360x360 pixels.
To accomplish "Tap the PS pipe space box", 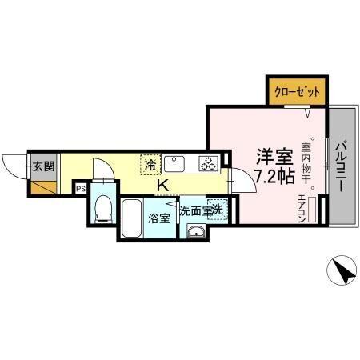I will click(80, 189).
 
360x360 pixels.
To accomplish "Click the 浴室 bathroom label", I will click(158, 218).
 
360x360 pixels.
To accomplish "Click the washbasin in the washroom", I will click(196, 232).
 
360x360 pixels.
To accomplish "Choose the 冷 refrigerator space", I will click(150, 165).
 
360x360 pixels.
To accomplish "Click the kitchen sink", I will click(175, 164).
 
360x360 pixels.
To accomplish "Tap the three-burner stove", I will click(209, 164).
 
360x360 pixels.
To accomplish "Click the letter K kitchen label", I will click(162, 186).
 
